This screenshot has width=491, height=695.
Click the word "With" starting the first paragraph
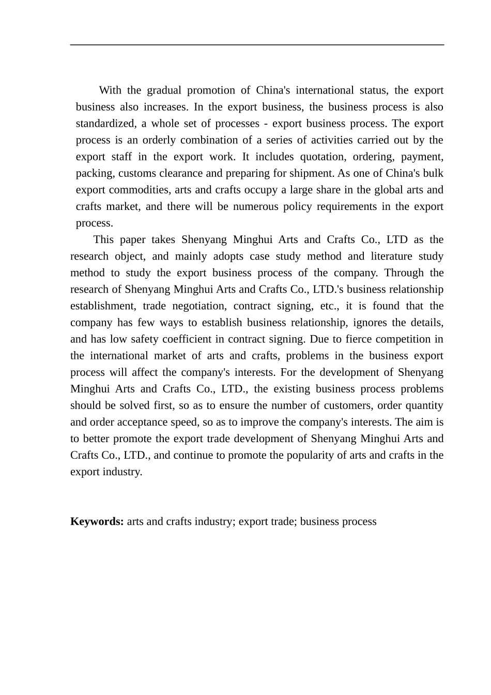(x=110, y=90)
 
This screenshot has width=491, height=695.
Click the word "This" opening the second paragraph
(x=103, y=239)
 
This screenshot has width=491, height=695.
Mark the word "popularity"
(x=321, y=455)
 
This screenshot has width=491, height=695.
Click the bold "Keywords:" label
(x=97, y=521)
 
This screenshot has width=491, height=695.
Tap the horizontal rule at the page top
(x=257, y=45)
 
